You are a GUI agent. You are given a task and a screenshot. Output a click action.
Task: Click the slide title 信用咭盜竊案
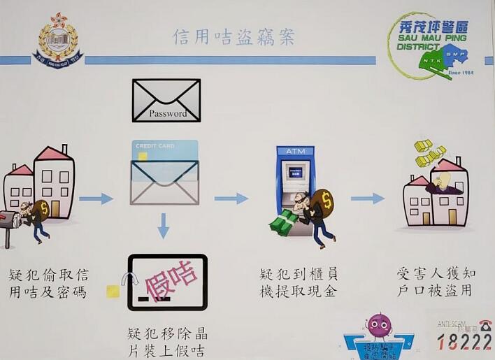tap(234, 36)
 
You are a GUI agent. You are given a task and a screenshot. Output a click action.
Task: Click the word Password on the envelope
tap(167, 113)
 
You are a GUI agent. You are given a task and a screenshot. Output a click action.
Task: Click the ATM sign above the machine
tap(295, 152)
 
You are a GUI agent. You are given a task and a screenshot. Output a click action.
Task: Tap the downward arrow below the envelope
tap(163, 226)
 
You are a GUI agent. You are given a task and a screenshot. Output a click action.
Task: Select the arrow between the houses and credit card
tap(96, 199)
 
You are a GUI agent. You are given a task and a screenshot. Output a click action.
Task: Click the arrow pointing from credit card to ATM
tap(231, 199)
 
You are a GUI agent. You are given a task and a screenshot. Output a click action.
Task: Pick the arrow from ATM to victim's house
tap(367, 199)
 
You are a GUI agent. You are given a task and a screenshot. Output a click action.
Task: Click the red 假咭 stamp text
tap(170, 280)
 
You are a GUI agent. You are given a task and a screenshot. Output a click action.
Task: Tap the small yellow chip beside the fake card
tap(113, 291)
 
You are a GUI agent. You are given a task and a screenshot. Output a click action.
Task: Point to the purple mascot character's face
tap(379, 324)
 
